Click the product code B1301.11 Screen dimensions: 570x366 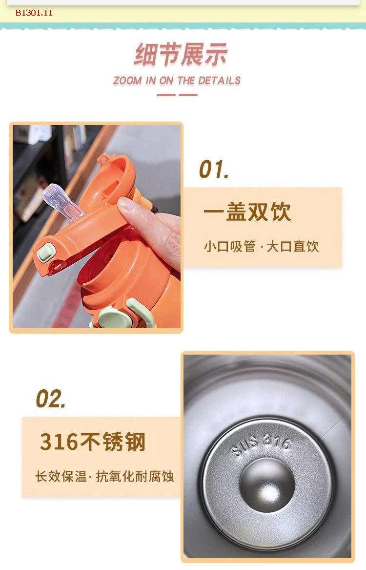(x=34, y=13)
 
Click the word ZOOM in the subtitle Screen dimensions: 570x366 (x=127, y=81)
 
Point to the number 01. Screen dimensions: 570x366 (x=214, y=169)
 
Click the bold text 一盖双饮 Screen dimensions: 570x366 (x=247, y=212)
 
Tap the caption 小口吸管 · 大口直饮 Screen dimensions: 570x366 (x=261, y=246)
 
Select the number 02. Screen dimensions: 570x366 (x=51, y=399)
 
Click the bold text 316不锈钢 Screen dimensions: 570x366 (x=93, y=442)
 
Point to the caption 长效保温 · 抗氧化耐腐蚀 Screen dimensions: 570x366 (x=104, y=476)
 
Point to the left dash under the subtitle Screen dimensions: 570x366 (x=166, y=95)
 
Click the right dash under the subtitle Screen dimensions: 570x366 (x=188, y=95)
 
